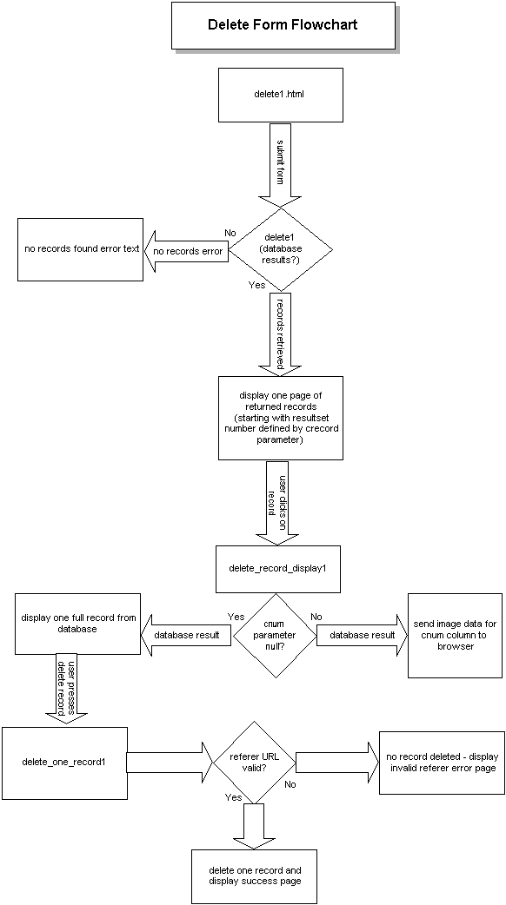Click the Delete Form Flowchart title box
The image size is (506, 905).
(x=282, y=25)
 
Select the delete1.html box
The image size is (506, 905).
(x=280, y=95)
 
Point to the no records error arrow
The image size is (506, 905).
(x=186, y=251)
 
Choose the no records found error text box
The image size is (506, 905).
(x=79, y=249)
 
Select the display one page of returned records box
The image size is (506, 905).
(x=280, y=417)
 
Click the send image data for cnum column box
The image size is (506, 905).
(x=455, y=635)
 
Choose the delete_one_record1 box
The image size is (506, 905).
(x=64, y=762)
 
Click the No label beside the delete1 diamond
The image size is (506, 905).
(x=230, y=233)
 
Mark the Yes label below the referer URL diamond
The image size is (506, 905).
(x=234, y=796)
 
